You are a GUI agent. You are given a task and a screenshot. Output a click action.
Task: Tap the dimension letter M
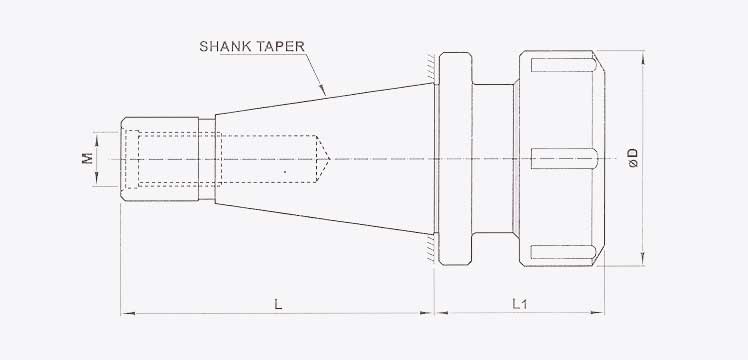[88, 158]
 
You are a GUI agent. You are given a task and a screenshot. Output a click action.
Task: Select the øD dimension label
[632, 158]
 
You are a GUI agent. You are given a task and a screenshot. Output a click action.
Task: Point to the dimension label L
[277, 299]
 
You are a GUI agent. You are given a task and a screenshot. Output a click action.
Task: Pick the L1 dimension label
[520, 299]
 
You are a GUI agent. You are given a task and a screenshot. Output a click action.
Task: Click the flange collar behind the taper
[454, 158]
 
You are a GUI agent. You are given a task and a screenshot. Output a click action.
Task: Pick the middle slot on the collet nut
[565, 158]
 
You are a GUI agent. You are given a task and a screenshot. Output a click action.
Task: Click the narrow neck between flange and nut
[494, 158]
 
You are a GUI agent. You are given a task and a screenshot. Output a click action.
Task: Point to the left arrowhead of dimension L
[125, 314]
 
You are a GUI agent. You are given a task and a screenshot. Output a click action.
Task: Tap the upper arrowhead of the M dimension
[97, 133]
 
